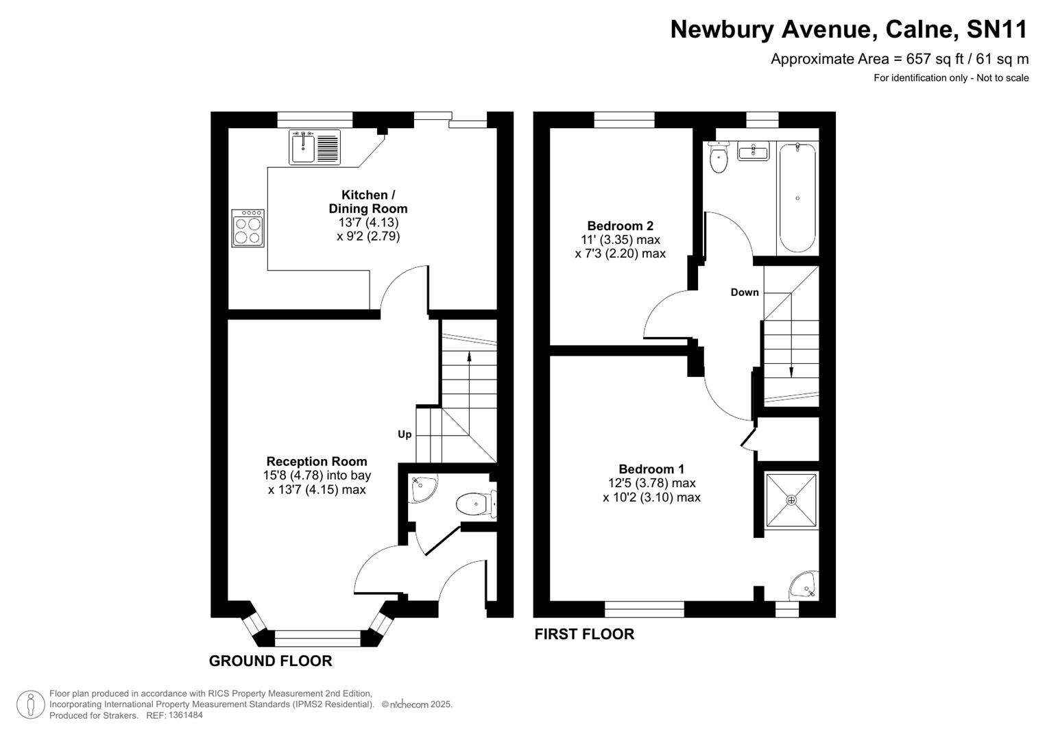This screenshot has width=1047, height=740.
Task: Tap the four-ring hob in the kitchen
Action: tap(248, 228)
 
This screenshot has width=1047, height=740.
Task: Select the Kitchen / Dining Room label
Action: tap(368, 202)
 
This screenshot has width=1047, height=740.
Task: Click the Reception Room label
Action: tap(317, 461)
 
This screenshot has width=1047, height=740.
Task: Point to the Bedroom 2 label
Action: tap(620, 225)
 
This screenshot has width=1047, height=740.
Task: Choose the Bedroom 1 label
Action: tap(651, 469)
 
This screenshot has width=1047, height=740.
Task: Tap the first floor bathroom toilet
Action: tap(718, 159)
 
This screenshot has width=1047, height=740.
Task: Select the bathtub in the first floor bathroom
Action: tap(797, 197)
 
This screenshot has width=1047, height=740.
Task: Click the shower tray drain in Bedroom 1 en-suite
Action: tap(791, 500)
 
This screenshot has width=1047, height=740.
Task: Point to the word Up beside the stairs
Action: tap(405, 434)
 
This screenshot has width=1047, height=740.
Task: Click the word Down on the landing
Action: tap(745, 292)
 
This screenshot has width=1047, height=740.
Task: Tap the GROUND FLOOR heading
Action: tap(270, 661)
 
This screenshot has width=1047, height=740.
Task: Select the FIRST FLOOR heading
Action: tap(584, 634)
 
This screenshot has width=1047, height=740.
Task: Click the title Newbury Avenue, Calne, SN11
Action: tap(849, 29)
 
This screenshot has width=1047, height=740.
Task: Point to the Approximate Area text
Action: tap(899, 59)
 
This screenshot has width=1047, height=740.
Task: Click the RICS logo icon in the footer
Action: tap(30, 704)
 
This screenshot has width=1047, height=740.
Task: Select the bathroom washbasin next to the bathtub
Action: tap(753, 151)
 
